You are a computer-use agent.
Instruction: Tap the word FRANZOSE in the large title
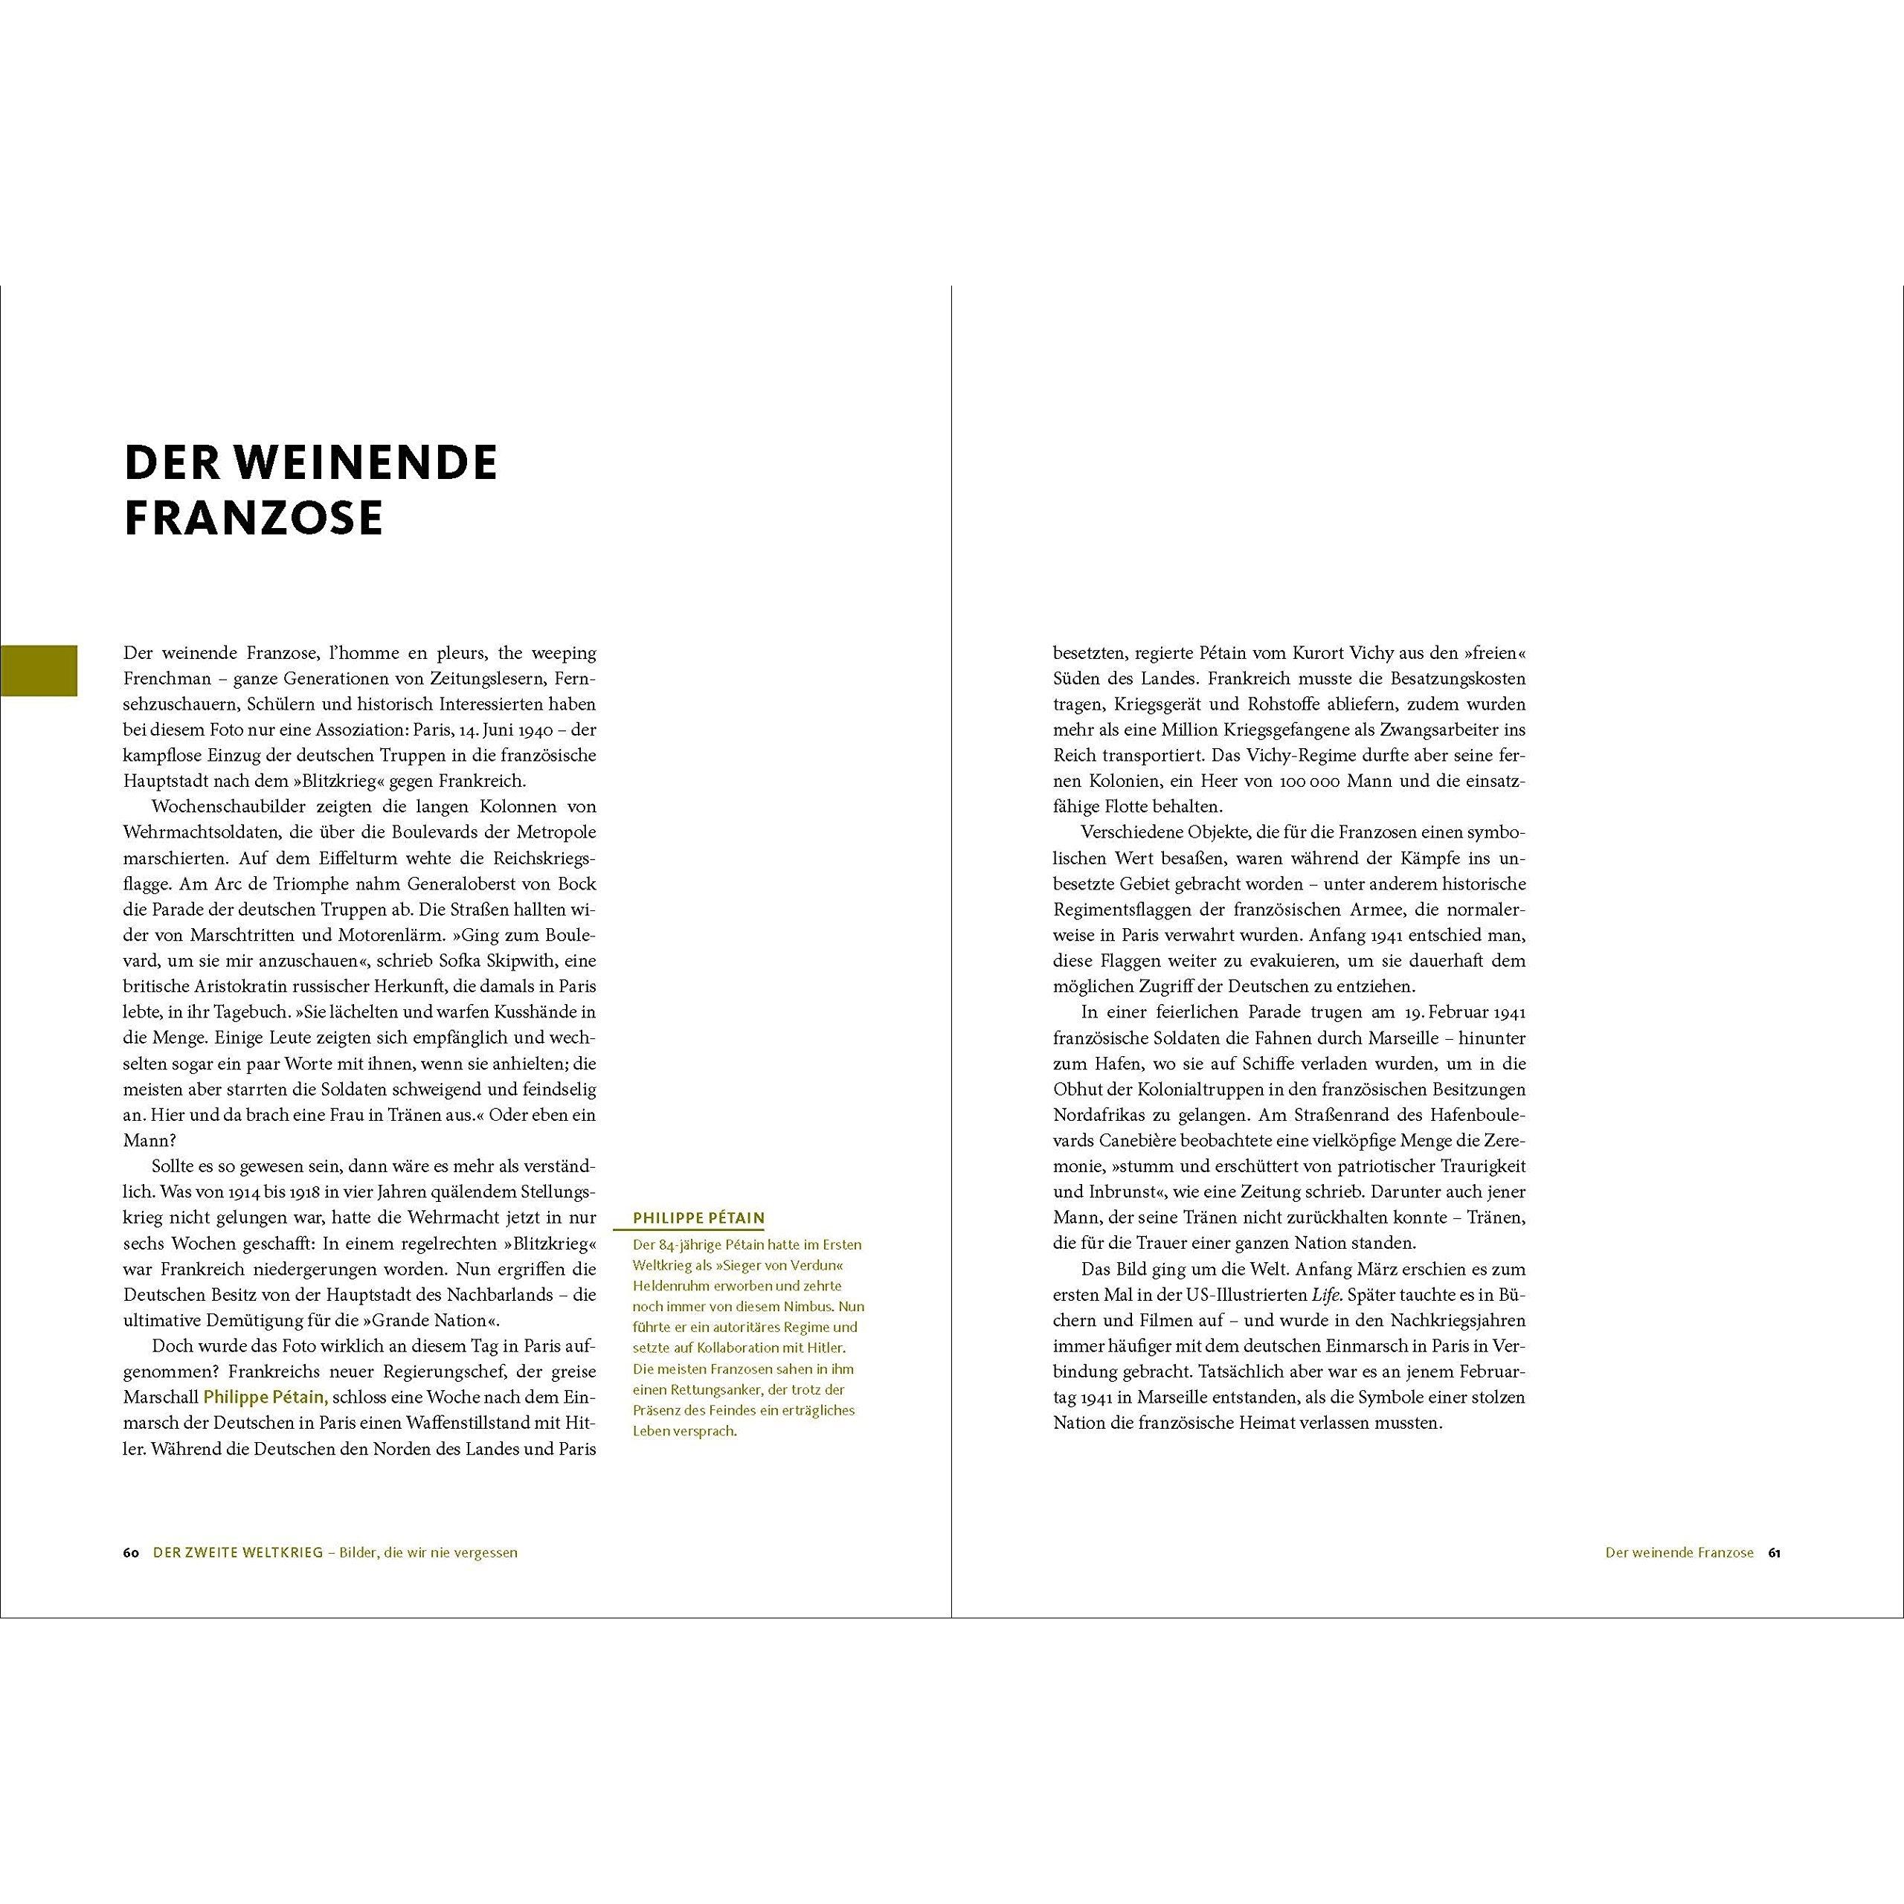coord(254,518)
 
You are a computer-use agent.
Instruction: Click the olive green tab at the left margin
coord(39,670)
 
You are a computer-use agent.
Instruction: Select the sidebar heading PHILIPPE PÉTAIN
coord(698,1218)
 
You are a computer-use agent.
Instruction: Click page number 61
coord(1774,1552)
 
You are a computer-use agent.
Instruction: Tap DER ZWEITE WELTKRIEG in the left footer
coord(239,1552)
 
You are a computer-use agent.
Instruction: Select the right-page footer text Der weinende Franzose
coord(1679,1552)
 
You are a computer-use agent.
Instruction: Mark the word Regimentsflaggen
coord(1125,910)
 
